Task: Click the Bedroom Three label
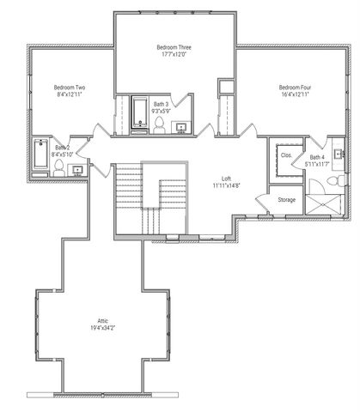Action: (174, 46)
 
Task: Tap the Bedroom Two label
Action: (69, 88)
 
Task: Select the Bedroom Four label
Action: (295, 88)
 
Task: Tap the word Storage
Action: (286, 200)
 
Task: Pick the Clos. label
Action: (286, 155)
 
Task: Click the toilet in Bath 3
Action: (160, 125)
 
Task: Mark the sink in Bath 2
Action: (78, 170)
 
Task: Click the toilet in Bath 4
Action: (341, 181)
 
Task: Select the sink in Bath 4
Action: (338, 156)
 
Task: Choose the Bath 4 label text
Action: (317, 157)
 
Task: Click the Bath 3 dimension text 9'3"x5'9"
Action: (162, 111)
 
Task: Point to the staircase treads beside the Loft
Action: (129, 185)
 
